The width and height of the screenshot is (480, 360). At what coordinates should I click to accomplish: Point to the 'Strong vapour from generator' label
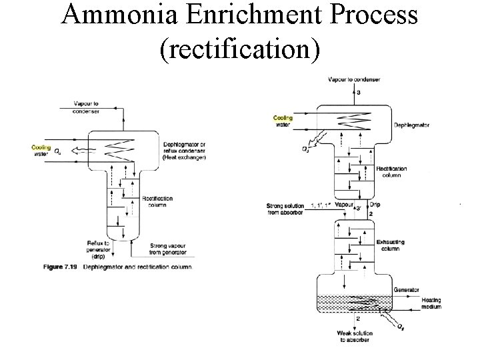(168, 249)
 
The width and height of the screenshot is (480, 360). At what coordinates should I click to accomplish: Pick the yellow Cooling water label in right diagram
(283, 121)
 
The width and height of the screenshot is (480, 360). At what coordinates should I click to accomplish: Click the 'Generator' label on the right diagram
(407, 291)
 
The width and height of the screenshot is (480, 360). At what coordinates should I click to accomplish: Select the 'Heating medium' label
(434, 303)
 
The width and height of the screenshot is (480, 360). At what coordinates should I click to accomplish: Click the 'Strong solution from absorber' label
(286, 208)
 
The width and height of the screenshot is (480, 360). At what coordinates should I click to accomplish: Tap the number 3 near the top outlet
(358, 92)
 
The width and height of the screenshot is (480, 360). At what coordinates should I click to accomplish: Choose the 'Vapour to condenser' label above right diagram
(354, 80)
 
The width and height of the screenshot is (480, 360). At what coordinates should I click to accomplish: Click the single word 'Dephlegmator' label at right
(412, 125)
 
